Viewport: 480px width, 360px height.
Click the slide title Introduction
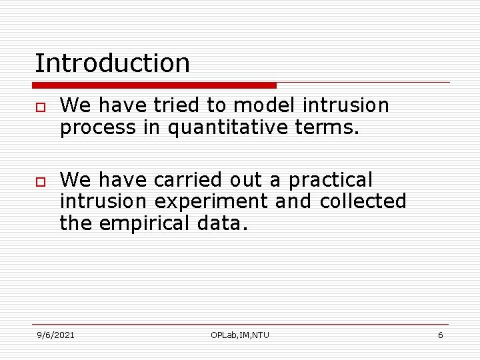(112, 63)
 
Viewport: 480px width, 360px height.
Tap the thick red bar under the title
(154, 85)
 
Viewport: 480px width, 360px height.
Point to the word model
(265, 105)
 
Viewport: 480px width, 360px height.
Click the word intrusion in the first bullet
(345, 105)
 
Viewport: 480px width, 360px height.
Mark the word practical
(331, 180)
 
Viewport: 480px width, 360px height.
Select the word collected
(363, 201)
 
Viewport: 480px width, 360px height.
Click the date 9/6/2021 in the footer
(55, 335)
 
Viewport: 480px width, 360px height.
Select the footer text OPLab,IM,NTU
(240, 335)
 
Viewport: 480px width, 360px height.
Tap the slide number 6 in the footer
(440, 335)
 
